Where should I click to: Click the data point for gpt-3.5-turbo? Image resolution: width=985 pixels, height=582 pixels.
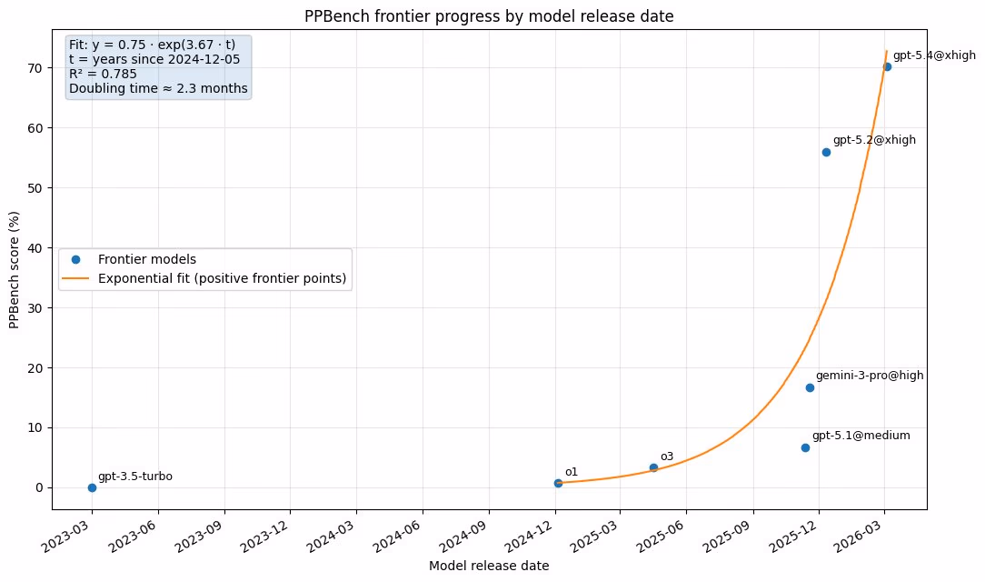92,487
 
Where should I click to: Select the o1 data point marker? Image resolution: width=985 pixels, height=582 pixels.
558,483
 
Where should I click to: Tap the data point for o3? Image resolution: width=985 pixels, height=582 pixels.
653,467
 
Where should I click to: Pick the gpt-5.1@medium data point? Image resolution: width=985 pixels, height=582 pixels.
805,447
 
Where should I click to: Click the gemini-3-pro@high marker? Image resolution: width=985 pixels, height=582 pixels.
810,387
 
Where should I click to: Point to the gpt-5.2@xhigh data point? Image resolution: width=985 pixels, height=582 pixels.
826,152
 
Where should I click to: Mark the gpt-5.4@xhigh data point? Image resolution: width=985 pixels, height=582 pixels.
887,66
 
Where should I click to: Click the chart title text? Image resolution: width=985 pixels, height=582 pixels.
489,15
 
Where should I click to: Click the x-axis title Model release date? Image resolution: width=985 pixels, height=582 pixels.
488,566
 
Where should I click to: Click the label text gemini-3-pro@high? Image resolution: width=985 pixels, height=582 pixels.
869,376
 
